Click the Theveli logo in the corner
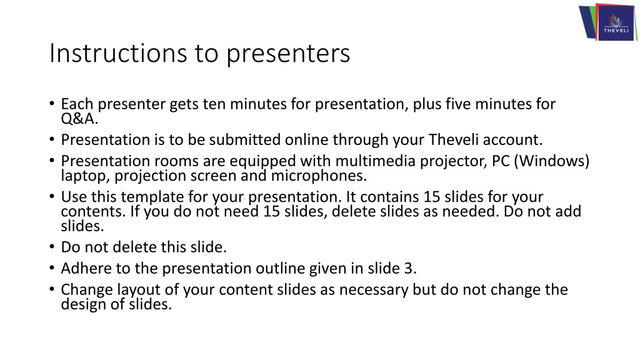(x=608, y=22)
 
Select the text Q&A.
(x=79, y=119)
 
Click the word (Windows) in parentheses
(x=551, y=161)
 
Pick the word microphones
(x=319, y=176)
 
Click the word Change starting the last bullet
(x=86, y=290)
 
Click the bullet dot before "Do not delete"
(x=51, y=246)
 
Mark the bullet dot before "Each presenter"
(x=51, y=103)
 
